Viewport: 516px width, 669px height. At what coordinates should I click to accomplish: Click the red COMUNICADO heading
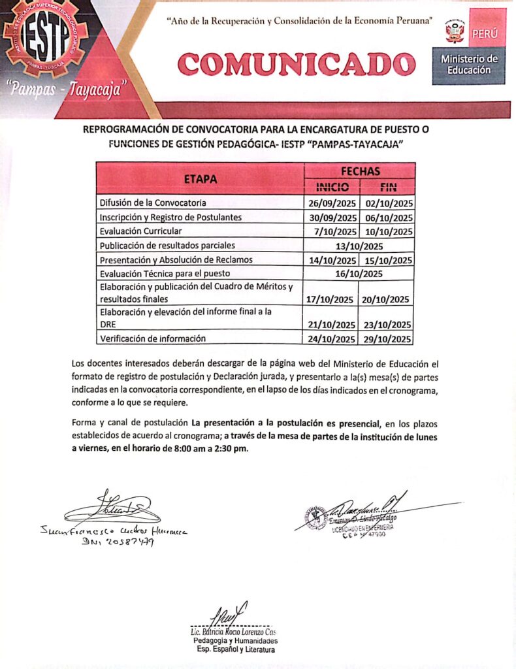click(x=297, y=64)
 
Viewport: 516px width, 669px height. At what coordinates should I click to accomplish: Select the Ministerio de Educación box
click(x=468, y=64)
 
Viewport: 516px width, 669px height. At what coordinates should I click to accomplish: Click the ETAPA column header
click(x=200, y=178)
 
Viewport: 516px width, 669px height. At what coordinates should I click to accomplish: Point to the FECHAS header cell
click(x=360, y=171)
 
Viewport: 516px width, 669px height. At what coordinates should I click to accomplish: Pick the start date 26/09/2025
click(x=332, y=203)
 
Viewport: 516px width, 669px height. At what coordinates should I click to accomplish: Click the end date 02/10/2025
click(x=387, y=203)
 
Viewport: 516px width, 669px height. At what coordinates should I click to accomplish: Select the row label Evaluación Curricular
click(x=140, y=231)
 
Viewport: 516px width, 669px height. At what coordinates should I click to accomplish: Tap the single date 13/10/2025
click(x=359, y=246)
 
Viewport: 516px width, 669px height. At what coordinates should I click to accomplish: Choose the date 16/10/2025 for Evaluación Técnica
click(x=359, y=274)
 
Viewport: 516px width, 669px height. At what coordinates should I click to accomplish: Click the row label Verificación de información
click(x=152, y=338)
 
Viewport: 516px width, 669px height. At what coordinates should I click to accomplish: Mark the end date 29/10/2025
click(x=386, y=338)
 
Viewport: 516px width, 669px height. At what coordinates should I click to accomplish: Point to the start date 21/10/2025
click(x=332, y=324)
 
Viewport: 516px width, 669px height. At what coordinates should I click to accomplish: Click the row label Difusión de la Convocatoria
click(x=153, y=203)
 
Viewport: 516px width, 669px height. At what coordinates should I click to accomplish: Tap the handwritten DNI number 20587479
click(x=118, y=542)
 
